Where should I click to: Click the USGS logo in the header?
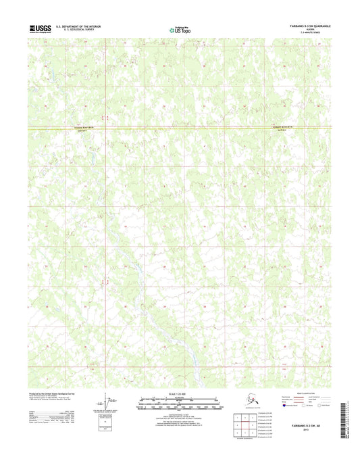click(40, 28)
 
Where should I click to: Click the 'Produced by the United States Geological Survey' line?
click(57, 392)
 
